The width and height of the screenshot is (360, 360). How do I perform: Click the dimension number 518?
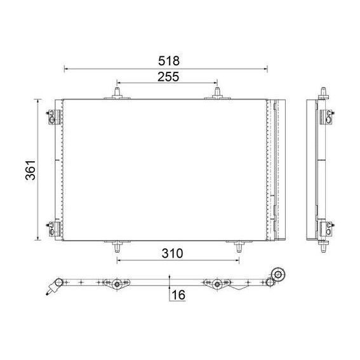[x=169, y=61]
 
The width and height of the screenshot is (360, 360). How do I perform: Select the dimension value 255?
[x=168, y=77]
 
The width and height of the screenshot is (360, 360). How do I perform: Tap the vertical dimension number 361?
[x=30, y=170]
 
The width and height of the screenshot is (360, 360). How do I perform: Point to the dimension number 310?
[x=172, y=253]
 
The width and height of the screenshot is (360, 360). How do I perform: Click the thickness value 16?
[x=178, y=295]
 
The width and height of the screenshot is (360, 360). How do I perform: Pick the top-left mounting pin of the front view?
[x=117, y=93]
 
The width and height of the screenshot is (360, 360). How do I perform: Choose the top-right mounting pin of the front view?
[x=217, y=93]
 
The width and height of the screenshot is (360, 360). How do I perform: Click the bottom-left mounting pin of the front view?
[x=117, y=246]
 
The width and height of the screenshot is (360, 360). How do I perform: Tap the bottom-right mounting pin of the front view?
[x=239, y=246]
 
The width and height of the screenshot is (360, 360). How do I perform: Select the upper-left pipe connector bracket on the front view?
[x=54, y=117]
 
